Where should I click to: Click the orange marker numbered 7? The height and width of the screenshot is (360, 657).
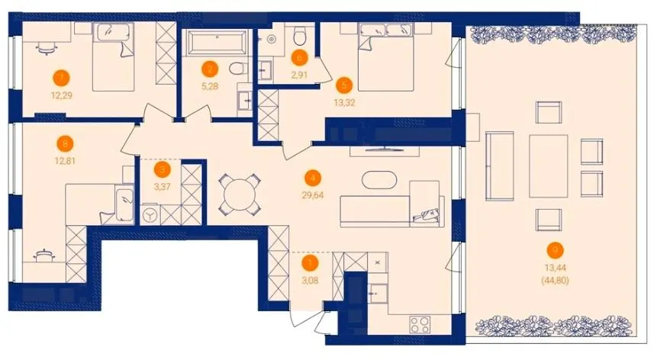(x=62, y=78)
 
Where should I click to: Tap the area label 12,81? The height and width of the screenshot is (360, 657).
(x=65, y=160)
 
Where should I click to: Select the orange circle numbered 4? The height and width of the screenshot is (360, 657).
(x=313, y=178)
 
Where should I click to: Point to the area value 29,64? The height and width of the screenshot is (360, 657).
(x=313, y=194)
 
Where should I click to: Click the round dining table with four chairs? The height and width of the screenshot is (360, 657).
(x=239, y=194)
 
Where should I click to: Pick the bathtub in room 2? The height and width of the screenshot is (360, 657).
(x=216, y=42)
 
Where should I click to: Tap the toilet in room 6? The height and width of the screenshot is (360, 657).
(x=299, y=36)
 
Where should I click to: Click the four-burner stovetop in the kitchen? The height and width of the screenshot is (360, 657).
(x=420, y=323)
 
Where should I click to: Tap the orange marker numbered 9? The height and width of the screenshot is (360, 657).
(x=556, y=250)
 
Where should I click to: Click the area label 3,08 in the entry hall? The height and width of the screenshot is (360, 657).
(x=310, y=281)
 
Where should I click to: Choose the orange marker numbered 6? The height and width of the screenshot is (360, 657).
(x=299, y=58)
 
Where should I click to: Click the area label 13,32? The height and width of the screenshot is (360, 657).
(x=344, y=102)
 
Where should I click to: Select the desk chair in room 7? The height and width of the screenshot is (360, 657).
(x=47, y=49)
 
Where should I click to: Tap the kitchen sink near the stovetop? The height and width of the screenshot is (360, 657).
(x=377, y=293)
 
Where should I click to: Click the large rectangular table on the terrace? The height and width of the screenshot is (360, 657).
(x=549, y=166)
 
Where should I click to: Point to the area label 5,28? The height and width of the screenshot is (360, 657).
(x=210, y=87)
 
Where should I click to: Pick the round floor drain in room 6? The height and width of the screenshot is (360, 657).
(x=272, y=39)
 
